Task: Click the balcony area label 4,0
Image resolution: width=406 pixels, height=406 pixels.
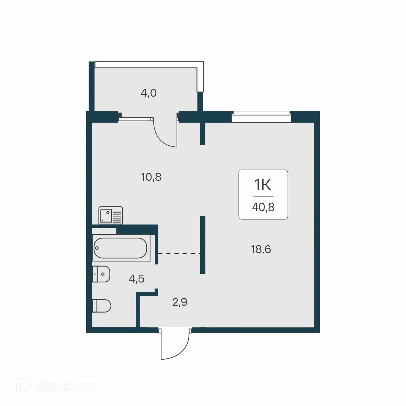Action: [x=148, y=93]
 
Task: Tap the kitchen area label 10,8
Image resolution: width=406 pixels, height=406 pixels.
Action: [x=151, y=177]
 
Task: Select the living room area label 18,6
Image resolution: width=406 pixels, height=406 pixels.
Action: [x=261, y=249]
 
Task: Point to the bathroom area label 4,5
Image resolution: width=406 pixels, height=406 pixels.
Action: [x=136, y=279]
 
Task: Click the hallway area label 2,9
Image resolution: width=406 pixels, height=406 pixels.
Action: [x=179, y=303]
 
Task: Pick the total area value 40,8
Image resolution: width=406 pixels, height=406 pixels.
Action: [x=263, y=207]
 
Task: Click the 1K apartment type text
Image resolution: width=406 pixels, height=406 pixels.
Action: [x=263, y=185]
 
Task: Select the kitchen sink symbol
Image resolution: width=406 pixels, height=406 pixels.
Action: [x=110, y=215]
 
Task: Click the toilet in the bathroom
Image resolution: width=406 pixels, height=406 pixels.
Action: [x=102, y=305]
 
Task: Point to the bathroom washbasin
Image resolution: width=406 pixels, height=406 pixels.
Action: [x=101, y=274]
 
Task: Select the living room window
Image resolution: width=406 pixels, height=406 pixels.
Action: [x=261, y=117]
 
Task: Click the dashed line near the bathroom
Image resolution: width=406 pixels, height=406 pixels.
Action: [x=179, y=253]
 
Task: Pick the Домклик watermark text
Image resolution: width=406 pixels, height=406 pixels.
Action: [x=65, y=387]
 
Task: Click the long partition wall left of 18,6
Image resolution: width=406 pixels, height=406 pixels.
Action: [x=203, y=245]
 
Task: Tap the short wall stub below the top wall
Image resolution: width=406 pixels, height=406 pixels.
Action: [x=203, y=133]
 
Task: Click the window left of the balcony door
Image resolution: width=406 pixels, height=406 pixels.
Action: [x=136, y=119]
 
